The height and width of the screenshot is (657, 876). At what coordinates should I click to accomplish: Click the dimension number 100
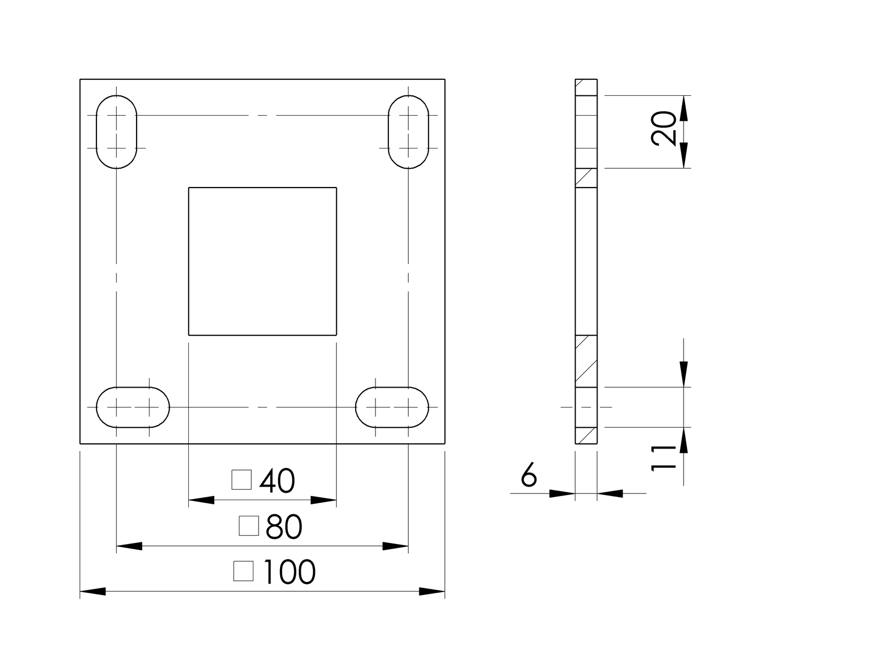[x=290, y=572]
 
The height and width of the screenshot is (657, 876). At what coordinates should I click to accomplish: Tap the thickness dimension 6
[x=529, y=475]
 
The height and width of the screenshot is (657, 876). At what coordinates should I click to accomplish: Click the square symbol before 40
[x=241, y=480]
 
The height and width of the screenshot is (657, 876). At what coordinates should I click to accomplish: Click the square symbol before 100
[x=244, y=571]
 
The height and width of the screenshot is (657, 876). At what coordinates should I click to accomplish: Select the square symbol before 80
[x=249, y=526]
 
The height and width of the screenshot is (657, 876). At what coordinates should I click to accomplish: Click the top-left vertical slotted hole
[x=116, y=131]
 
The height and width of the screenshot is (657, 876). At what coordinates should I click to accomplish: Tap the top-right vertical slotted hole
[x=408, y=131]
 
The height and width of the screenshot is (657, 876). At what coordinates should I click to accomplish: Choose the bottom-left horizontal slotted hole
[x=133, y=407]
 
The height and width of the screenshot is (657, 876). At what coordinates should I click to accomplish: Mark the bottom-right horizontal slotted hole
[x=392, y=407]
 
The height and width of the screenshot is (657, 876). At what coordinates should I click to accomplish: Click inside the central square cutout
[x=262, y=261]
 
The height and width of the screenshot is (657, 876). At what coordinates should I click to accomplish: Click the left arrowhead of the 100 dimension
[x=93, y=591]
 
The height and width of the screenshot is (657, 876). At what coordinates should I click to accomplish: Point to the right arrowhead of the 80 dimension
[x=395, y=546]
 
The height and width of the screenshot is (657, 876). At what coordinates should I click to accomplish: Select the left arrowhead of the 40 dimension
[x=201, y=500]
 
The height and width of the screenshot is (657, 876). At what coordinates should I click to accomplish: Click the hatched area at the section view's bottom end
[x=586, y=435]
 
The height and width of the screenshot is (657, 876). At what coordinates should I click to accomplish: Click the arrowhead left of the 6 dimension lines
[x=562, y=493]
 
